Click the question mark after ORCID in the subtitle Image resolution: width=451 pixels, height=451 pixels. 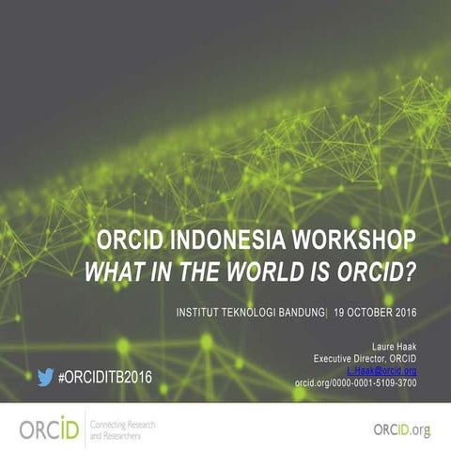click(x=411, y=272)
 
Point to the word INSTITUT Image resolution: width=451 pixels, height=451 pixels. click(x=188, y=311)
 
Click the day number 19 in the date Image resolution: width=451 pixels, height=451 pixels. click(x=340, y=311)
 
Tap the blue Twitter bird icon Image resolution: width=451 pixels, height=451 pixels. click(x=45, y=378)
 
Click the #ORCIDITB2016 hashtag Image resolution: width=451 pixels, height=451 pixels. click(x=104, y=378)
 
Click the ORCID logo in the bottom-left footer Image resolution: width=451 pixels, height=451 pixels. click(x=47, y=428)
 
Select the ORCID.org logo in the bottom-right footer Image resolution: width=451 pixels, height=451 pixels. click(x=401, y=429)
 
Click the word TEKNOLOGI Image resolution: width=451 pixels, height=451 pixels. click(x=239, y=311)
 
